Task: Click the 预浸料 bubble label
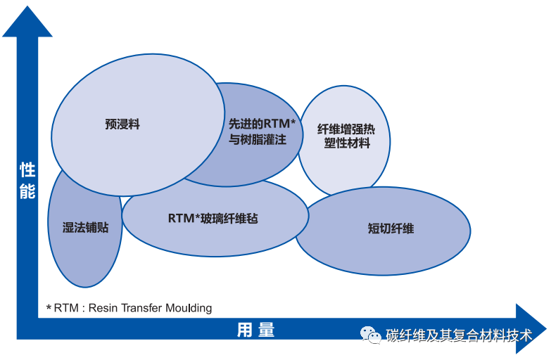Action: [122, 124]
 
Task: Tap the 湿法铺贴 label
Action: [86, 227]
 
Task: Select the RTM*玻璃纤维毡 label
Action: [213, 218]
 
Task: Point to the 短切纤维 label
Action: [391, 229]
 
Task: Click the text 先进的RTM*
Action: [262, 123]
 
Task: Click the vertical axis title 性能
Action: [27, 179]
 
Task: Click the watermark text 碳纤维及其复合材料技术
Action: [458, 335]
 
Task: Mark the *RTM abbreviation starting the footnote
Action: [63, 308]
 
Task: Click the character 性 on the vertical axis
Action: [27, 169]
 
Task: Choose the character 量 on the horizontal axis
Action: [266, 330]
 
